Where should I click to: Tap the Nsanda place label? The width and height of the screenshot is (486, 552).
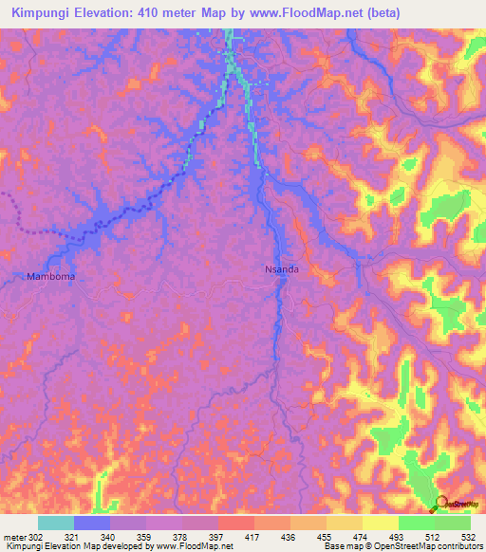[281, 269]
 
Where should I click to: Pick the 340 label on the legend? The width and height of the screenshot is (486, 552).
[109, 538]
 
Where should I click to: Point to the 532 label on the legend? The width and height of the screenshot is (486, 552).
[469, 538]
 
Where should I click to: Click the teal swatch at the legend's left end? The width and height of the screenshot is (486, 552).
[56, 523]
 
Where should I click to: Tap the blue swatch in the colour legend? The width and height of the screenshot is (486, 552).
[92, 523]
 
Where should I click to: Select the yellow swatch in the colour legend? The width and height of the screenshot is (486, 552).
[380, 523]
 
